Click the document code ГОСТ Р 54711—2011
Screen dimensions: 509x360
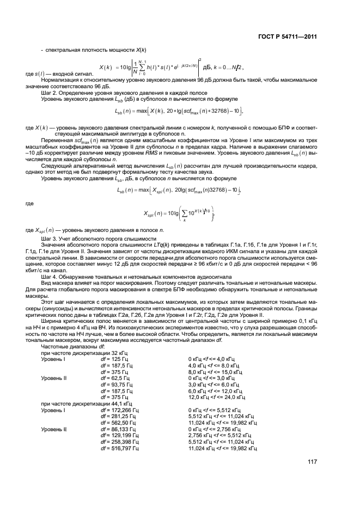[286, 36]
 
